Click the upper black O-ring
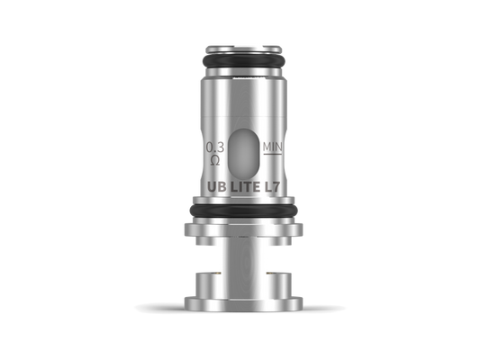point(244,60)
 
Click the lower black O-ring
point(244,211)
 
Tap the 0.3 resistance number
point(215,148)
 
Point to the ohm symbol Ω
point(215,160)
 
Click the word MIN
point(273,147)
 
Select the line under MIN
point(273,154)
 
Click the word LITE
point(245,187)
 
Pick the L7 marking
point(272,187)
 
